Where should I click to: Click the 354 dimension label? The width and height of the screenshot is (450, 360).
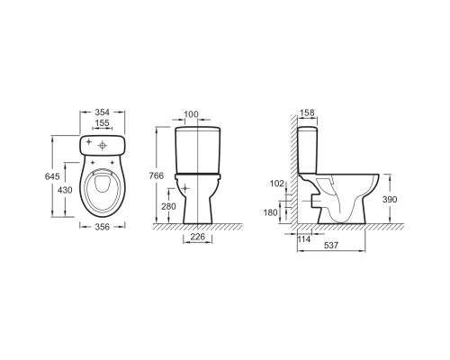click(103, 112)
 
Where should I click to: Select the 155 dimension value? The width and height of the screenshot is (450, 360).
click(103, 123)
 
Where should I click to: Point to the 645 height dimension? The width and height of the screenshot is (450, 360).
click(52, 176)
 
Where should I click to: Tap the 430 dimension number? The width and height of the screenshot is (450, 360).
click(65, 190)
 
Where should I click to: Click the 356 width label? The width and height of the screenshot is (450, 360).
click(103, 227)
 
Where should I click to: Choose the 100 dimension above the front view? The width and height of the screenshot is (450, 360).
click(191, 114)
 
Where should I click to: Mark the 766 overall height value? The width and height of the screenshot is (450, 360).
click(157, 175)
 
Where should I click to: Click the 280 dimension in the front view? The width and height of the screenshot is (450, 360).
click(168, 206)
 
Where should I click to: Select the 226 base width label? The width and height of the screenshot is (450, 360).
click(198, 237)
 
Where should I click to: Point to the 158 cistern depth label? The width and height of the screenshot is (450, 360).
click(307, 112)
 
